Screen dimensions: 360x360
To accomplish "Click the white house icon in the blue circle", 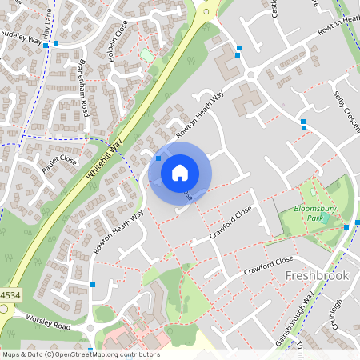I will click(x=180, y=171).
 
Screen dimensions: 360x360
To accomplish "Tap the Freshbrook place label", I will click(x=318, y=275).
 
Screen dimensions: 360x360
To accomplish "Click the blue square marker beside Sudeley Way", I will click(x=46, y=46).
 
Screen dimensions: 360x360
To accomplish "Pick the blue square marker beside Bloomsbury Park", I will click(x=346, y=226).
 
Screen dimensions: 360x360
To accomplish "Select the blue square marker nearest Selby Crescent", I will click(x=302, y=122).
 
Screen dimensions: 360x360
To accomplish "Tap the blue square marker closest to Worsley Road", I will click(x=94, y=284).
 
